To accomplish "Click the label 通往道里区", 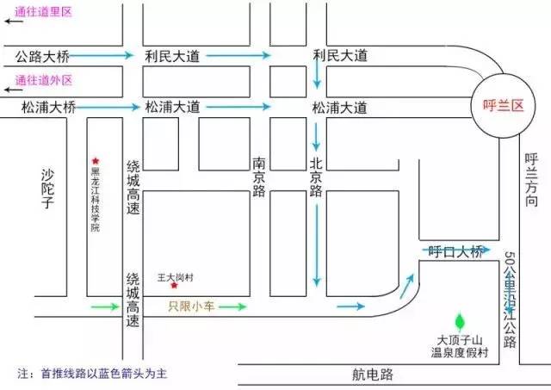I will click(x=44, y=11).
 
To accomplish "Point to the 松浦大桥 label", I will click(x=48, y=108).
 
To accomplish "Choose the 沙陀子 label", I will click(x=48, y=189).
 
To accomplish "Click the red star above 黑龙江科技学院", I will click(x=96, y=161).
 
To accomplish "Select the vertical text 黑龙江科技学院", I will click(x=96, y=201).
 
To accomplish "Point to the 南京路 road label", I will click(x=259, y=177).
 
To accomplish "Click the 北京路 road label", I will click(x=316, y=177).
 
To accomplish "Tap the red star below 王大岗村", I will click(x=175, y=285).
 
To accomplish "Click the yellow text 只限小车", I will click(x=189, y=306).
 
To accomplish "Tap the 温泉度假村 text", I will click(x=461, y=351).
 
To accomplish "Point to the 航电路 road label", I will click(x=372, y=375).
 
